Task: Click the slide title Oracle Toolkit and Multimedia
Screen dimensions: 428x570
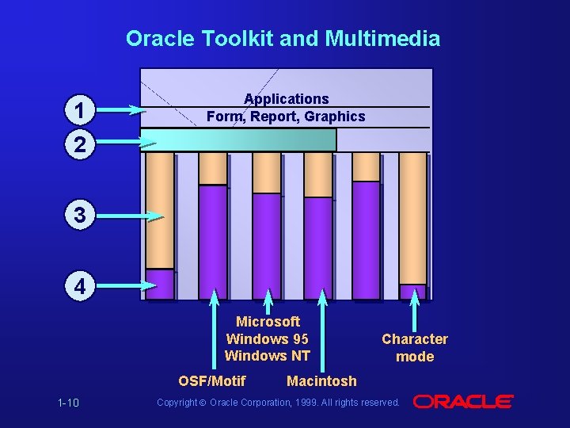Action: pos(283,38)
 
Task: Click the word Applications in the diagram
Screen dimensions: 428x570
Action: pos(287,99)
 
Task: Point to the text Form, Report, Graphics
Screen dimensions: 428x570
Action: pos(286,117)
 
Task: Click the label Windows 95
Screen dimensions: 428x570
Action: pos(268,338)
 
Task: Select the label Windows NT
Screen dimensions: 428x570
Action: pos(268,356)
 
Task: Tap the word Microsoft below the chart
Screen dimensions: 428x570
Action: pos(268,322)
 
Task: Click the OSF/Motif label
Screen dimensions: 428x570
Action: pos(212,380)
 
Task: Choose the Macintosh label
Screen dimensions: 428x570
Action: pos(321,381)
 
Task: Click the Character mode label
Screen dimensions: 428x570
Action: pos(415,347)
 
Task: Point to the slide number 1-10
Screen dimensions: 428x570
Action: pos(68,403)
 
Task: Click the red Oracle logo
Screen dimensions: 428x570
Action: pos(464,402)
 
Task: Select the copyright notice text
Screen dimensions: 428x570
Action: pos(278,403)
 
